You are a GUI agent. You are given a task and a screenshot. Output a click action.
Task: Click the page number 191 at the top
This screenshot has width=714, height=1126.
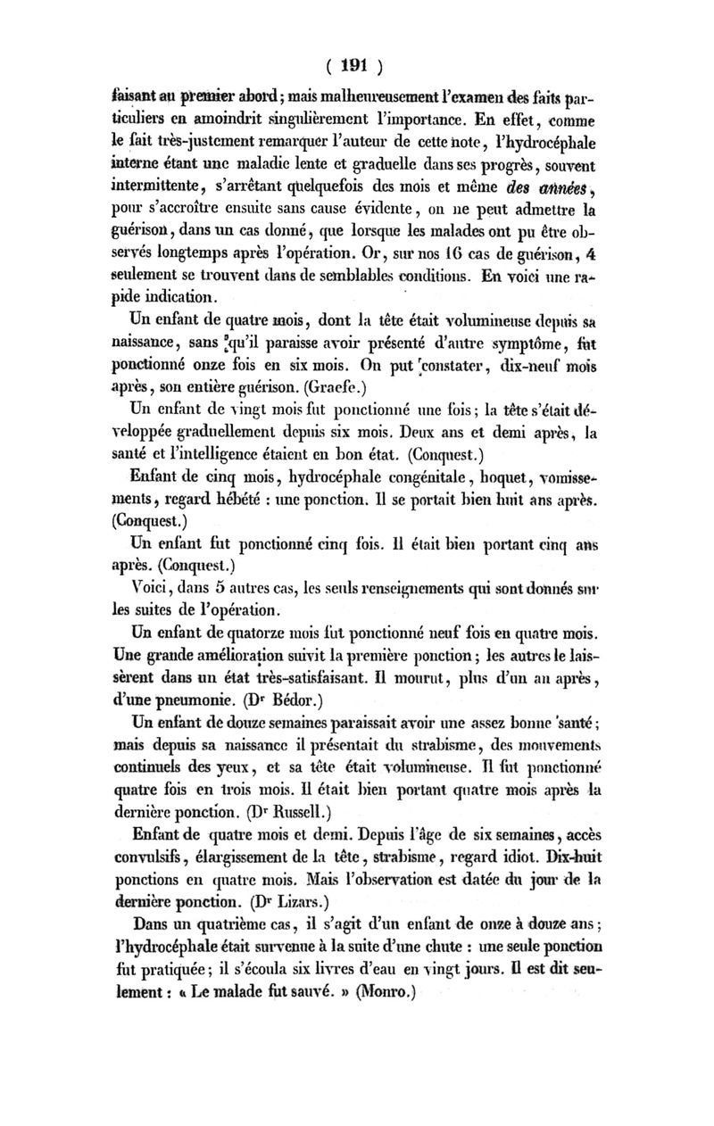pos(356,65)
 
